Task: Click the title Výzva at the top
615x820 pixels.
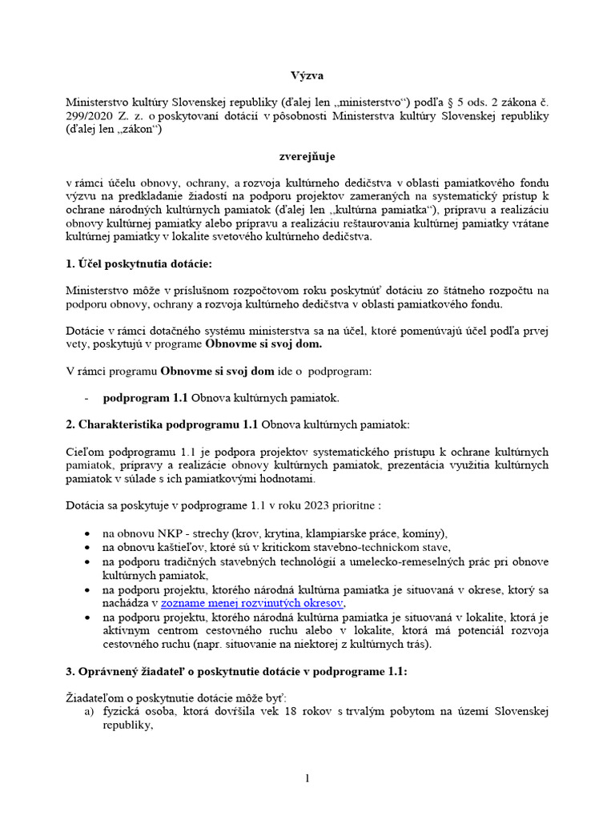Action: (307, 75)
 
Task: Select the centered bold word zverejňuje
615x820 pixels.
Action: (307, 158)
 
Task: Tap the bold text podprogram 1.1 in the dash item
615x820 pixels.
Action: (145, 398)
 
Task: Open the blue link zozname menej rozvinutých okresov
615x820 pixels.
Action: (251, 603)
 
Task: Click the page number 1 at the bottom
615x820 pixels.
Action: (307, 780)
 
